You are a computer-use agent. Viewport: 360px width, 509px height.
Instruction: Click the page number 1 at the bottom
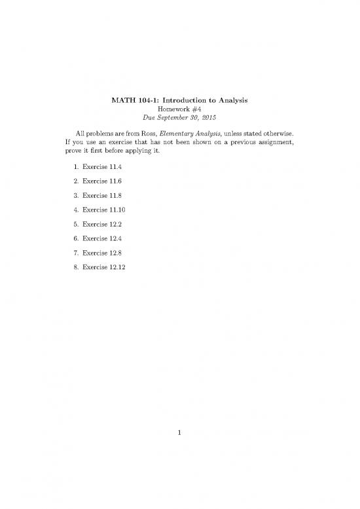tap(180, 432)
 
